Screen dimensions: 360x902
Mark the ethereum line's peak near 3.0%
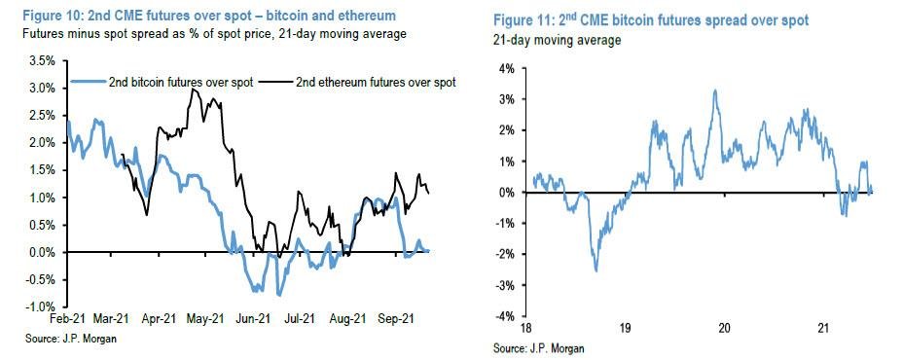point(195,90)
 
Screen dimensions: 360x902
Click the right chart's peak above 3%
point(715,90)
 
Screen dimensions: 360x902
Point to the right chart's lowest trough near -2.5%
point(595,270)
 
